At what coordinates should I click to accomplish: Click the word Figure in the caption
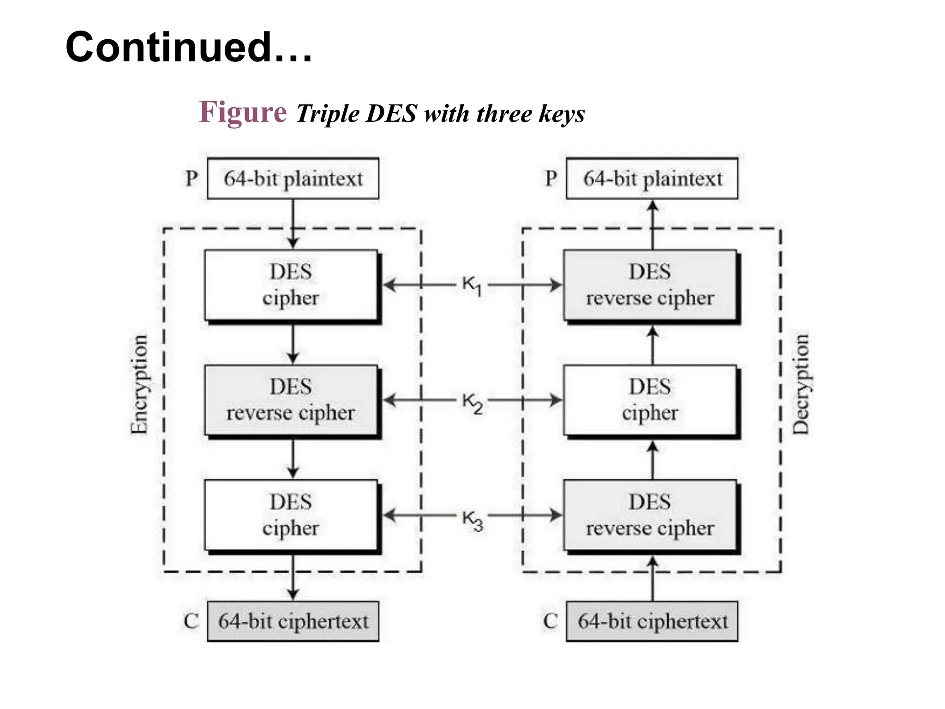(243, 113)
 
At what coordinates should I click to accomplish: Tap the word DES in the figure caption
(391, 114)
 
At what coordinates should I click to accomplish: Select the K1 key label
(472, 285)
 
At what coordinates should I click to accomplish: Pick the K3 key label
(472, 520)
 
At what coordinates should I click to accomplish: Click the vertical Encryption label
(139, 385)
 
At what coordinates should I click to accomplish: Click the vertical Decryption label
(801, 385)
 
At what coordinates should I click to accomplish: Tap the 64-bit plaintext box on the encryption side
(293, 179)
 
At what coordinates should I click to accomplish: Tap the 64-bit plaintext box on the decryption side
(652, 179)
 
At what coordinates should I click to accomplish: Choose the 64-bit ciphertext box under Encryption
(293, 621)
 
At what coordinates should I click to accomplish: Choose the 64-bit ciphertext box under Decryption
(652, 621)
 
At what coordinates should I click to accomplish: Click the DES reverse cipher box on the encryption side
(291, 400)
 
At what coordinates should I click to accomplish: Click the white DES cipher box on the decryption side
(650, 400)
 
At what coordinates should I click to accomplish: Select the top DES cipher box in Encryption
(291, 285)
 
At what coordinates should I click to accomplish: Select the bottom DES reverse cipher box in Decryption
(650, 515)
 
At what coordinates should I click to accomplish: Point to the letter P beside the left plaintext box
(191, 179)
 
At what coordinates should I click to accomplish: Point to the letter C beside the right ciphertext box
(550, 621)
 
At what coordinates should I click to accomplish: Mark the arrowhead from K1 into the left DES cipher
(389, 285)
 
